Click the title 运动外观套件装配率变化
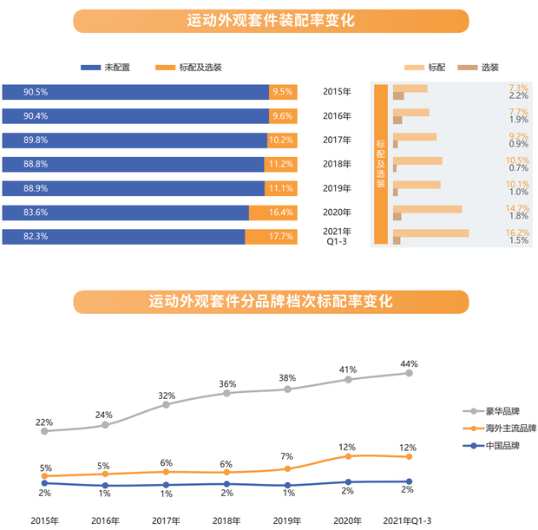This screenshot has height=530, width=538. click(270, 21)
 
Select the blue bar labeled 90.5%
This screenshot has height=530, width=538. click(134, 91)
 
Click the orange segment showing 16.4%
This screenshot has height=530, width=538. click(273, 213)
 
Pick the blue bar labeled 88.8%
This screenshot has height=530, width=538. click(133, 164)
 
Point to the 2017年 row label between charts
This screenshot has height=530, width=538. click(337, 140)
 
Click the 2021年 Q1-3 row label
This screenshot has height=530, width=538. click(337, 237)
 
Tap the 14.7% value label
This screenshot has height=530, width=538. click(518, 208)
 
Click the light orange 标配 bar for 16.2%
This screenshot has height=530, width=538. click(430, 232)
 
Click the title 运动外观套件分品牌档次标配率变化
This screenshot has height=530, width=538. click(270, 301)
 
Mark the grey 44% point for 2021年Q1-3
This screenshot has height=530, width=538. click(409, 373)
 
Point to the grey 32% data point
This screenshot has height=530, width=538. click(166, 404)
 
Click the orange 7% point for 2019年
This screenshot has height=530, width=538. click(287, 468)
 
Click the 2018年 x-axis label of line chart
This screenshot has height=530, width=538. click(226, 521)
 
